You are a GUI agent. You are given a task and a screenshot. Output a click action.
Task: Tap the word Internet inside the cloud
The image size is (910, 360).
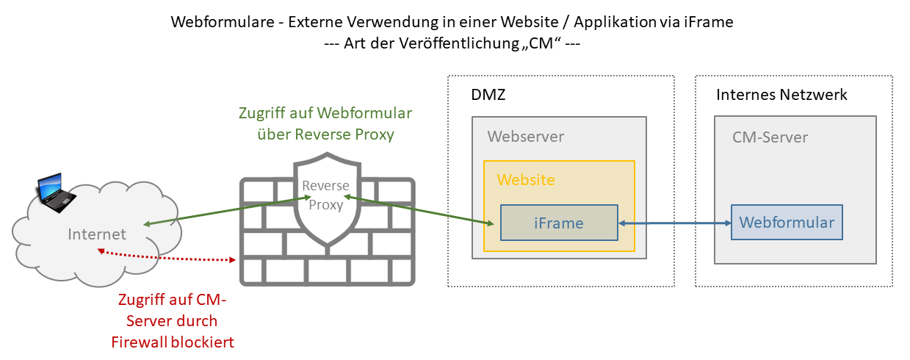click(97, 234)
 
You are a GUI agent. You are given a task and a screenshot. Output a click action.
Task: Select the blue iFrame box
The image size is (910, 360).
click(559, 223)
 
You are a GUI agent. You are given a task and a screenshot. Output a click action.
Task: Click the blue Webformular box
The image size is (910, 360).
click(787, 222)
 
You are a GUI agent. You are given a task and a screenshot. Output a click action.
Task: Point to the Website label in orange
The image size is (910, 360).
click(526, 180)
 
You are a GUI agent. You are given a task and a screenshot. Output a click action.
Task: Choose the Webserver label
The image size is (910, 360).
click(526, 137)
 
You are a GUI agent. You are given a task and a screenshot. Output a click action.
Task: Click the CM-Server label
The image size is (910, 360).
click(770, 137)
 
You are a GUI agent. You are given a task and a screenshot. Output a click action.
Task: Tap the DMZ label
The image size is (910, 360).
click(488, 96)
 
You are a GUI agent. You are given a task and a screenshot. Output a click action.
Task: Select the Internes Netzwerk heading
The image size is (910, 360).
click(781, 95)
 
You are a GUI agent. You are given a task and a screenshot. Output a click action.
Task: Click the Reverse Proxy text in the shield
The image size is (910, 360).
click(326, 195)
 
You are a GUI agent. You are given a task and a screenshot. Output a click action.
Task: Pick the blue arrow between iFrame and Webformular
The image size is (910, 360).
click(675, 222)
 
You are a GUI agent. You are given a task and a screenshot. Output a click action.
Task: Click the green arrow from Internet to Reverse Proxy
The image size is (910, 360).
click(220, 211)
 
